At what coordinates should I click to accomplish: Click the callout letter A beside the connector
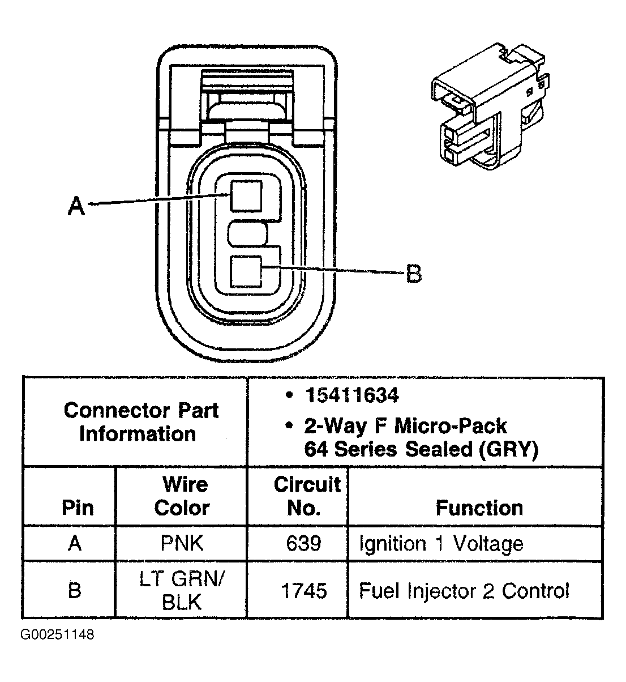76,206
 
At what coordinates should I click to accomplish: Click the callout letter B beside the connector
414,275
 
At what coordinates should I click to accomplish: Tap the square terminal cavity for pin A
246,196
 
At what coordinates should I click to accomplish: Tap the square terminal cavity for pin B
246,271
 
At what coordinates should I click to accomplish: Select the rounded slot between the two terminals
247,234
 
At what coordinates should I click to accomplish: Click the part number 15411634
351,395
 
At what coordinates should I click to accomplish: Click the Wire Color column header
182,496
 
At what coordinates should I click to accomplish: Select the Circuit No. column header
306,496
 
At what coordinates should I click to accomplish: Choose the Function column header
479,508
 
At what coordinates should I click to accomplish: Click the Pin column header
77,508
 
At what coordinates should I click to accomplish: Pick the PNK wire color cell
182,544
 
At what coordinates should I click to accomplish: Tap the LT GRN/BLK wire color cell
182,590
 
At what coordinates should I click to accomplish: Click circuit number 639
303,544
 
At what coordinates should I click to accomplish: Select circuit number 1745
303,591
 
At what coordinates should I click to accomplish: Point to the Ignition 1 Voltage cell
441,544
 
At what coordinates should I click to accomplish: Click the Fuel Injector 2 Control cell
464,591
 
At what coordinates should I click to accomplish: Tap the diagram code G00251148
57,634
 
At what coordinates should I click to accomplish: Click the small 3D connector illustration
488,108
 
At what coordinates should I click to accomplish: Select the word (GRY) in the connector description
507,449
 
